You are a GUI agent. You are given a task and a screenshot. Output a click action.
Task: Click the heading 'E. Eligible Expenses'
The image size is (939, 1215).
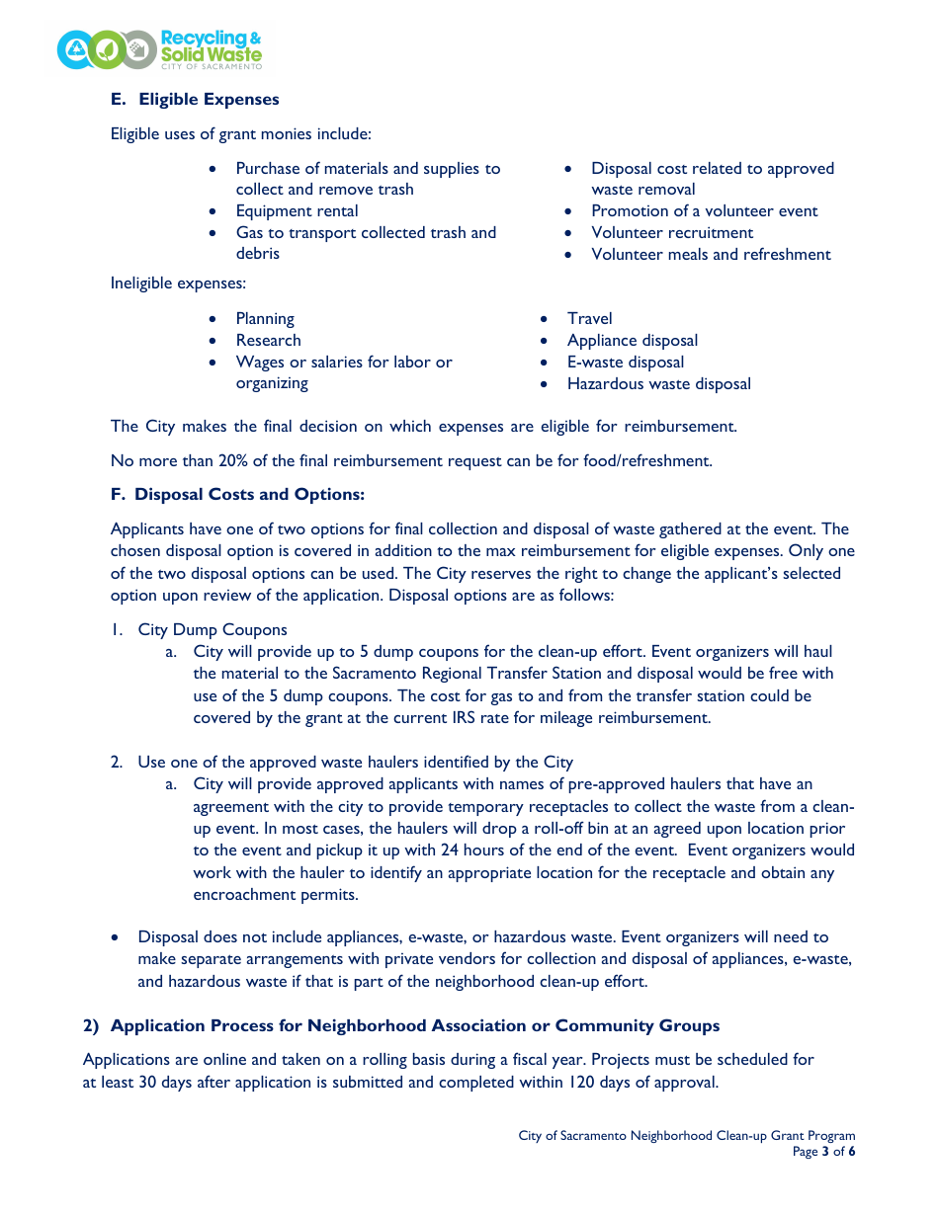(195, 100)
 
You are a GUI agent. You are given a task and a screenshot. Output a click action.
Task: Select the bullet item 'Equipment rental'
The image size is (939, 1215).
(297, 211)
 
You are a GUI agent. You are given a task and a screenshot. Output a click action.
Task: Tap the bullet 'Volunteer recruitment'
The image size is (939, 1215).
(672, 233)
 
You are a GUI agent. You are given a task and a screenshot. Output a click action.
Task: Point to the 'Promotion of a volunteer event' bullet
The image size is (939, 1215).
(704, 211)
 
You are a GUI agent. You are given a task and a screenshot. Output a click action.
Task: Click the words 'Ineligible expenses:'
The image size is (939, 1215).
(178, 283)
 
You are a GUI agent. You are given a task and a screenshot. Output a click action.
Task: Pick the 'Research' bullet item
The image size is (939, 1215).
(268, 341)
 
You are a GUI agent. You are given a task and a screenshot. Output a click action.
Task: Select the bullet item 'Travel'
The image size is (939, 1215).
(589, 319)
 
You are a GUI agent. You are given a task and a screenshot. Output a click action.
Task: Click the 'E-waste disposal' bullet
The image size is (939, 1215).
(625, 363)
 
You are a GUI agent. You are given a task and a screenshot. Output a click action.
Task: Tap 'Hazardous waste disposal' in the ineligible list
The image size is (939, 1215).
(658, 384)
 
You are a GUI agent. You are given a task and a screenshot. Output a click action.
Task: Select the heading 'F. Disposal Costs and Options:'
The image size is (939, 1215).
(237, 494)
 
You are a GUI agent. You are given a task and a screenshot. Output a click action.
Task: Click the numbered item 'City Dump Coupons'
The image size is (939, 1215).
(213, 630)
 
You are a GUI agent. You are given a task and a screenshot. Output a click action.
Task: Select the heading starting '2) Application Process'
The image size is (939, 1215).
(400, 1025)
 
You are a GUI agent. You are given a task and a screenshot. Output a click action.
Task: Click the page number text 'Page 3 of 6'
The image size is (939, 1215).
(823, 1152)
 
